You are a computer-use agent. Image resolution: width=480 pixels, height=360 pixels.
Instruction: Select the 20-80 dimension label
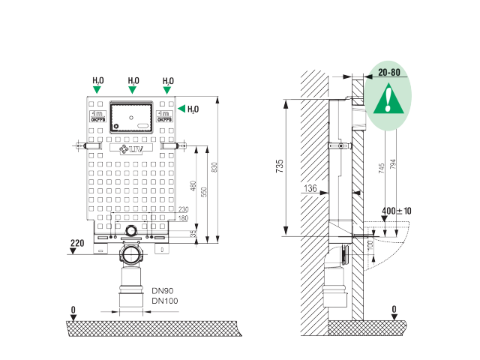click(389, 73)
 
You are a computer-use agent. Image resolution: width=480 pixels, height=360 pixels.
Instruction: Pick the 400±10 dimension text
click(396, 212)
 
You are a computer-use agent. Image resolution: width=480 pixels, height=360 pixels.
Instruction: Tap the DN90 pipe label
click(162, 290)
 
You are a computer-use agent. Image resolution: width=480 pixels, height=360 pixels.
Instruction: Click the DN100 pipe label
click(163, 301)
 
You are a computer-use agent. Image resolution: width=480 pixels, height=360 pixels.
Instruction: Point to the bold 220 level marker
click(76, 243)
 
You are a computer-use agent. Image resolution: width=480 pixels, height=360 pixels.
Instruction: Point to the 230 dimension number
click(183, 210)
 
